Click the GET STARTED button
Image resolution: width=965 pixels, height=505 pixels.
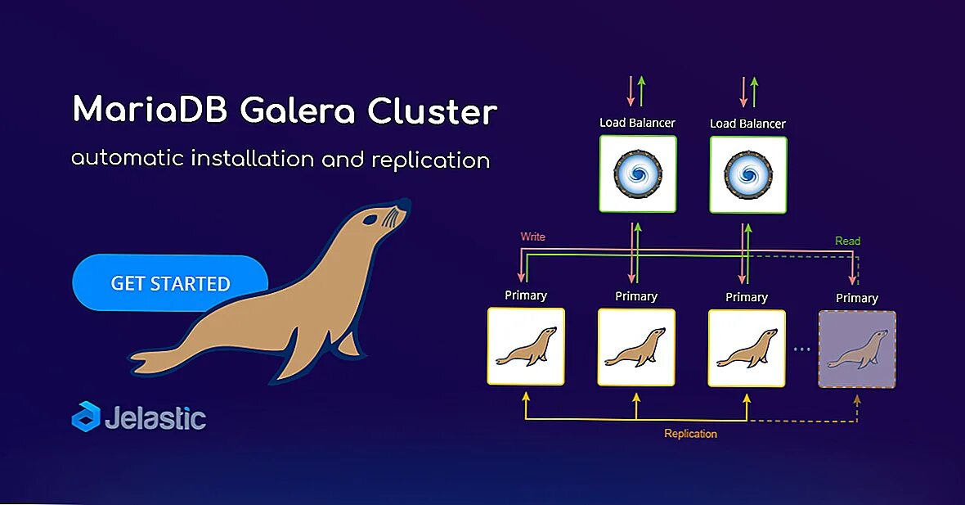pos(170,283)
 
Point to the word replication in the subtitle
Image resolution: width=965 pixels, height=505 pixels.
pos(430,159)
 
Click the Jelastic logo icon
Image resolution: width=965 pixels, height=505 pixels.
pos(85,417)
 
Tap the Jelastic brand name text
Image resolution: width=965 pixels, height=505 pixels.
pos(155,417)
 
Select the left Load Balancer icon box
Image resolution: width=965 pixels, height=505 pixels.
pos(638,174)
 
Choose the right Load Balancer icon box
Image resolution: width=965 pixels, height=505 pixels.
pos(748,174)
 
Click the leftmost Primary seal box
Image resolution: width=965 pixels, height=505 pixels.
pos(526,346)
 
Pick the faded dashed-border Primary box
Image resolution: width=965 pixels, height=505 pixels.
pos(857,349)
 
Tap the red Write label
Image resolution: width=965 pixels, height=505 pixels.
pos(532,237)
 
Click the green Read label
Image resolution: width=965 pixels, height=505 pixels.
pos(847,241)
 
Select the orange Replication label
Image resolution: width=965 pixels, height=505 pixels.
pos(690,434)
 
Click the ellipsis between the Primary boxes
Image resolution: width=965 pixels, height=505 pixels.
pos(801,349)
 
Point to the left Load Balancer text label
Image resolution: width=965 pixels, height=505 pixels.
pos(637,123)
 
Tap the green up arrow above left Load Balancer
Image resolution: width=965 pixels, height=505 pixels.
pos(642,92)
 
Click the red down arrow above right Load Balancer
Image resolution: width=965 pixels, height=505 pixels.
pos(743,92)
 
